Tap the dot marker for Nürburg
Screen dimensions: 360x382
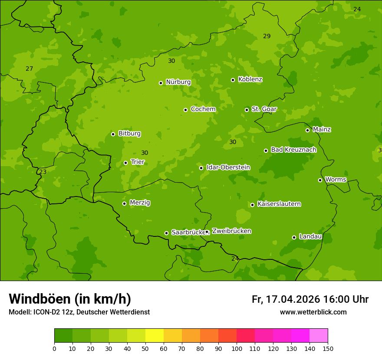161,83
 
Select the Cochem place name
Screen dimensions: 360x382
203,109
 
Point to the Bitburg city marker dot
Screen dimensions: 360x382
113,134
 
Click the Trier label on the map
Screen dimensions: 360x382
137,162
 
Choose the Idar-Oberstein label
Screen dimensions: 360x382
228,167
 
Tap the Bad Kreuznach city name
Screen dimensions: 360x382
293,150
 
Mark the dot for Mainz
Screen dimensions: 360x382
307,130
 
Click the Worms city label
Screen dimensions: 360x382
336,180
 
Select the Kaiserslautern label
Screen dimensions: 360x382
279,204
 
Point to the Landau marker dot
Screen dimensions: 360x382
294,237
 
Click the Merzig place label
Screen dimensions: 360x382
140,203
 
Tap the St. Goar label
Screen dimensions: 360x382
264,109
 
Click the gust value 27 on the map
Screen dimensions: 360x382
29,69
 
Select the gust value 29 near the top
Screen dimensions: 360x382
267,36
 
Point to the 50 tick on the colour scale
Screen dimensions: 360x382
145,348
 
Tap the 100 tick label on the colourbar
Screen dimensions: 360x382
237,348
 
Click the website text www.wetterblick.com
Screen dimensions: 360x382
313,312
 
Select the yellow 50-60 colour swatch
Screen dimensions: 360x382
155,336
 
